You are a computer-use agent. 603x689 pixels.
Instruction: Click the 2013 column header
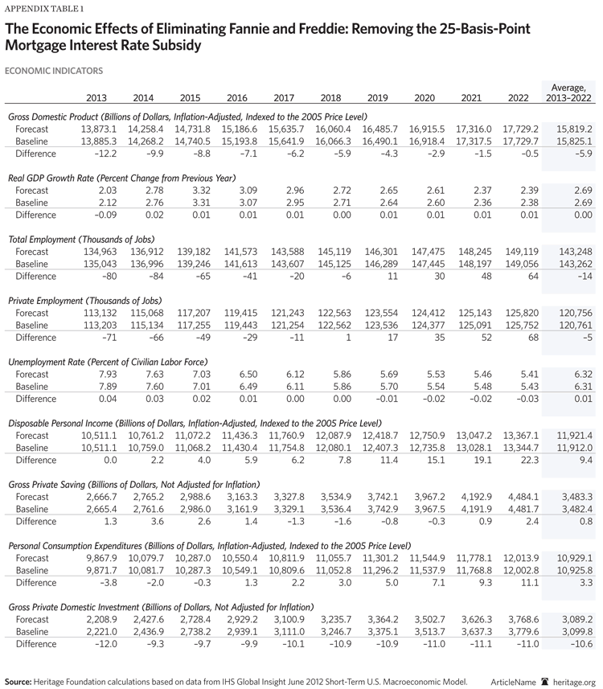pos(96,98)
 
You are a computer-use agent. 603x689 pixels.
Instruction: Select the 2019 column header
pos(377,98)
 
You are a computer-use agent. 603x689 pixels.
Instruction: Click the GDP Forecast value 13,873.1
pos(99,129)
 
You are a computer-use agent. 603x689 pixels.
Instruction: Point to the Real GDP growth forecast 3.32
pos(191,190)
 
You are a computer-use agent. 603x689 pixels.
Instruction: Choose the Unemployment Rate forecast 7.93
pos(105,374)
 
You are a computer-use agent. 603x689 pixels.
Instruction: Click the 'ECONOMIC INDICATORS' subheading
pos(53,71)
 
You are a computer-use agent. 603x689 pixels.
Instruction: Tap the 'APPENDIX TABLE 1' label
pos(39,10)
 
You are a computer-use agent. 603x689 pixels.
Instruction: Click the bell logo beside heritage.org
pos(544,680)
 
